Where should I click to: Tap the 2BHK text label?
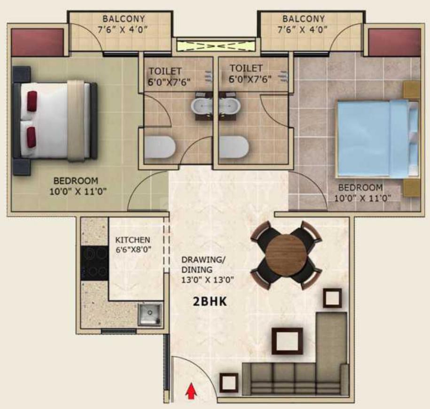click(210, 302)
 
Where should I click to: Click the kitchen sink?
click(149, 314)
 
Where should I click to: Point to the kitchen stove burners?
click(95, 263)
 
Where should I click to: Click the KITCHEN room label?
click(133, 240)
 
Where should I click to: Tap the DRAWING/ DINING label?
click(197, 265)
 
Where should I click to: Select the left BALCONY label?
click(124, 19)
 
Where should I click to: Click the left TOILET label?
click(165, 71)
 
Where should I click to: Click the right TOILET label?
click(245, 69)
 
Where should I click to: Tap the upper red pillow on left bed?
click(32, 101)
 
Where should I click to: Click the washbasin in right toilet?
click(230, 105)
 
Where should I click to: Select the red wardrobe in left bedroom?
click(37, 42)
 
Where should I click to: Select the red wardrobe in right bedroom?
click(394, 42)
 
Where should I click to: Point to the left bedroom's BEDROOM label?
click(76, 181)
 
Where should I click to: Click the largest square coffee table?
click(287, 341)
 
